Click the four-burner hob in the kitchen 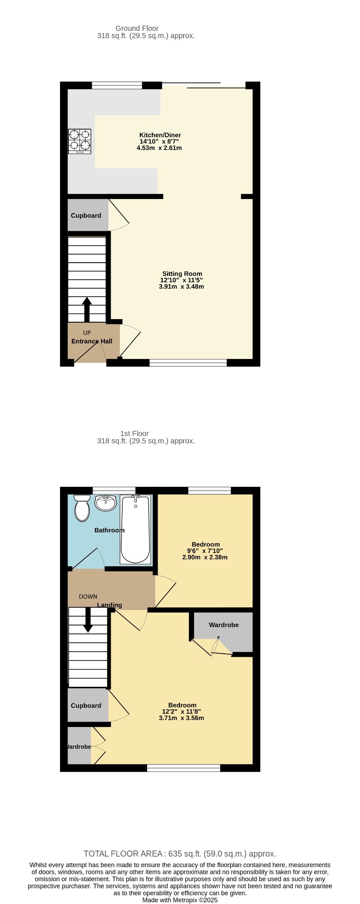[x=79, y=141]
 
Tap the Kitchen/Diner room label [x=160, y=135]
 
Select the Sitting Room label [x=182, y=274]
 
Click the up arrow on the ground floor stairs [x=87, y=309]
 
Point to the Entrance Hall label [x=92, y=341]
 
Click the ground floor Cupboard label [x=86, y=215]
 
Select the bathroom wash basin [x=105, y=503]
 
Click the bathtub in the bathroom [x=136, y=529]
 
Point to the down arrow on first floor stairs [x=88, y=620]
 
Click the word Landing [x=109, y=605]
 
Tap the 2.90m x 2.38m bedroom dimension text [x=205, y=557]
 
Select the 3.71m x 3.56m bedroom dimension [x=181, y=718]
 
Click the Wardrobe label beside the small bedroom [x=224, y=625]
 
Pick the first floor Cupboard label [x=86, y=705]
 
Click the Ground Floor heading [x=137, y=28]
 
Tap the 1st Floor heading [x=135, y=433]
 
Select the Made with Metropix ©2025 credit [x=180, y=900]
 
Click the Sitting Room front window [x=188, y=363]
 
